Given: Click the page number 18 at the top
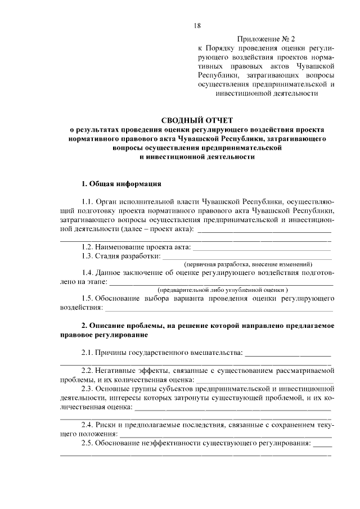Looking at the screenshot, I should click(x=197, y=25).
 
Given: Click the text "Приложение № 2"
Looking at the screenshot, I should click(x=265, y=39).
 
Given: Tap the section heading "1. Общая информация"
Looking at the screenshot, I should click(x=121, y=183).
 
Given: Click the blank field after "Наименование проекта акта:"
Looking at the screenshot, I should click(x=262, y=247).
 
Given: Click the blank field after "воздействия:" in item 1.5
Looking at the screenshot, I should click(x=219, y=309).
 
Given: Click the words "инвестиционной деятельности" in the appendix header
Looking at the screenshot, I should click(x=265, y=94).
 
